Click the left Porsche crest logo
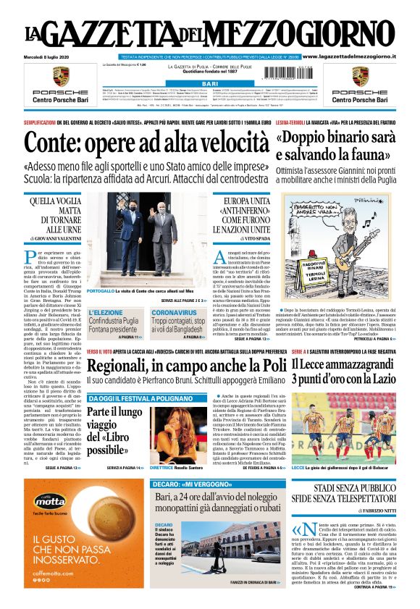(60, 77)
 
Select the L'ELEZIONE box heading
(106, 313)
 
